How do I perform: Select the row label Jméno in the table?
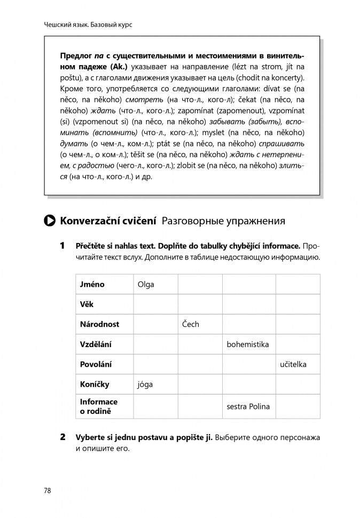click(x=92, y=284)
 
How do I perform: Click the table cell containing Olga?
click(x=146, y=284)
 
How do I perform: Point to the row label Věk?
click(x=87, y=304)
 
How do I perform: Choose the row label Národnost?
click(x=99, y=324)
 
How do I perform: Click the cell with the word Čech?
click(x=191, y=324)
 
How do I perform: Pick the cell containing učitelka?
click(x=293, y=364)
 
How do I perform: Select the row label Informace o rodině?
click(x=99, y=406)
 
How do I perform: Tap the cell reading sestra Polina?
click(x=248, y=406)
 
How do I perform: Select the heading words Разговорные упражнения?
click(x=223, y=221)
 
